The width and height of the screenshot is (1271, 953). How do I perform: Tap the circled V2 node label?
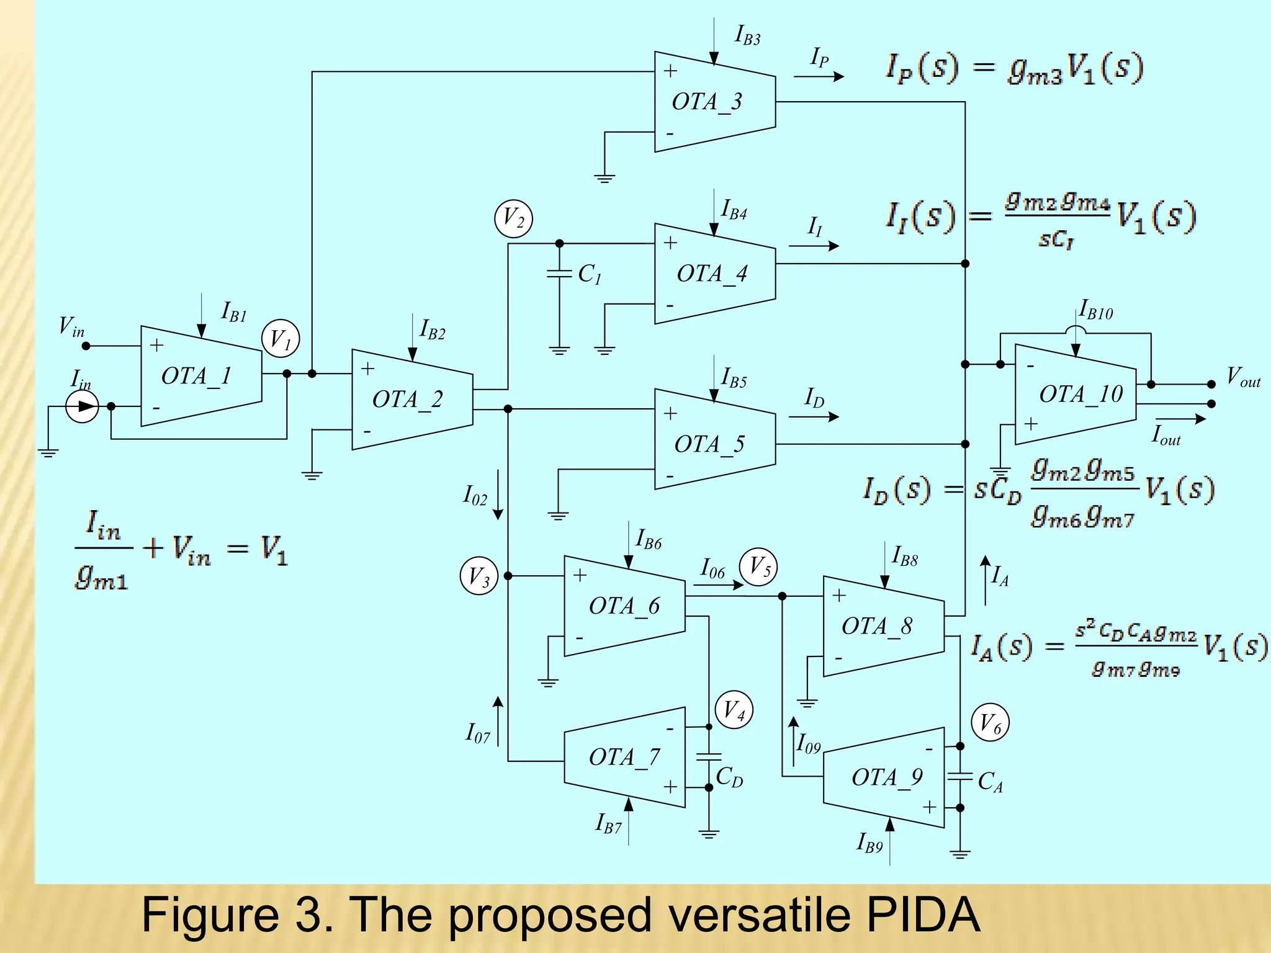point(513,219)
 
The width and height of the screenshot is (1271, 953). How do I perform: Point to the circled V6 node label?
point(990,723)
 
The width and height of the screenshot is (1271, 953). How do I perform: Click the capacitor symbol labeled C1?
point(559,274)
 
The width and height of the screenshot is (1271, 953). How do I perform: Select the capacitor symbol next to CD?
point(709,757)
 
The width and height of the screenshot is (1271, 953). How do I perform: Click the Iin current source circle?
point(83,407)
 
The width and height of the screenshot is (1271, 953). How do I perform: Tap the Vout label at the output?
point(1243,377)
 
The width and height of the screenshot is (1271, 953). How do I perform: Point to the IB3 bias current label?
point(747,35)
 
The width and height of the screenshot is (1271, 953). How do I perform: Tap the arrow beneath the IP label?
point(819,76)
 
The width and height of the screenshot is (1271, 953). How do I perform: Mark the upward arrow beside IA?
point(985,580)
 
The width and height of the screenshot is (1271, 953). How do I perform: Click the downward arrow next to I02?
point(498,494)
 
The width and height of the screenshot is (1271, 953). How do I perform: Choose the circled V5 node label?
point(758,566)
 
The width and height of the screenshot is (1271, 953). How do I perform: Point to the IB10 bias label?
point(1096,310)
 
